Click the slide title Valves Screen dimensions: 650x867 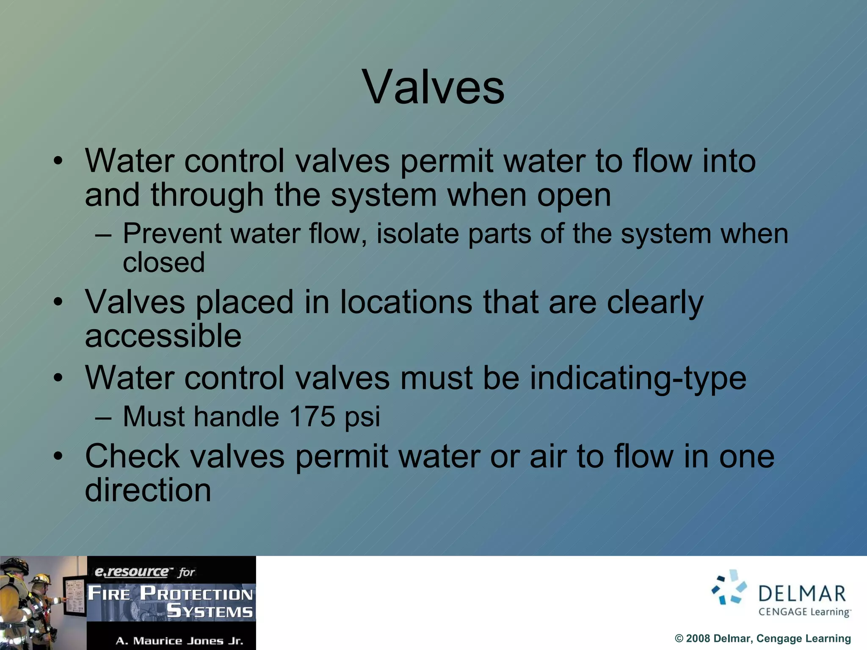coord(433,88)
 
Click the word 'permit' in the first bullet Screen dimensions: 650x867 coord(446,162)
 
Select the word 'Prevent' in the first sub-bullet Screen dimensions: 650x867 coord(171,234)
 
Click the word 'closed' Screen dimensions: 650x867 coord(164,263)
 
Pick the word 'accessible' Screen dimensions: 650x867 coord(163,336)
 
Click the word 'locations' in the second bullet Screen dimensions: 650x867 coord(406,303)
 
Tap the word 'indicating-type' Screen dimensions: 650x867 coord(638,378)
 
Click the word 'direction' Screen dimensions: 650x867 coord(148,490)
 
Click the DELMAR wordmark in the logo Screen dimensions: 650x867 coord(802,594)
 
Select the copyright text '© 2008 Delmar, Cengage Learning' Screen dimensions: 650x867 coord(762,638)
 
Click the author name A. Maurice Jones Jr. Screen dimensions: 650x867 coord(179,641)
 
